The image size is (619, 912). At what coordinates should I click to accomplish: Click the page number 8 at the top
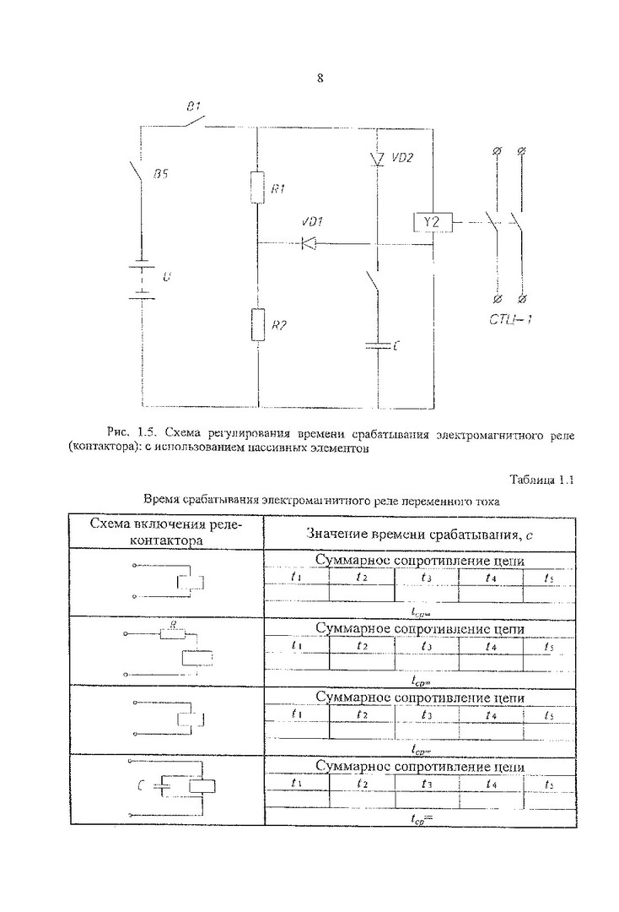point(320,79)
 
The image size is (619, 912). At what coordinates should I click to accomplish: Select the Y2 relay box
point(432,222)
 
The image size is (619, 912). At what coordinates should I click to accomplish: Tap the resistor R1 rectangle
point(257,187)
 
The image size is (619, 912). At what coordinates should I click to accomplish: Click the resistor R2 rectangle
point(257,324)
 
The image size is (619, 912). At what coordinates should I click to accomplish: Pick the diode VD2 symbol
point(378,159)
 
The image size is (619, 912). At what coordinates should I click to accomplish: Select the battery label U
point(165,276)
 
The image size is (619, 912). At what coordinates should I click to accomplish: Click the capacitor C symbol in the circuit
point(378,345)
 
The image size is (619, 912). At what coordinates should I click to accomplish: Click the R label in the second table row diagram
point(174,626)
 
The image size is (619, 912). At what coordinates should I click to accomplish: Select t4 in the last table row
point(491,783)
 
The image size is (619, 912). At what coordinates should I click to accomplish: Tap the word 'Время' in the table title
point(164,500)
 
